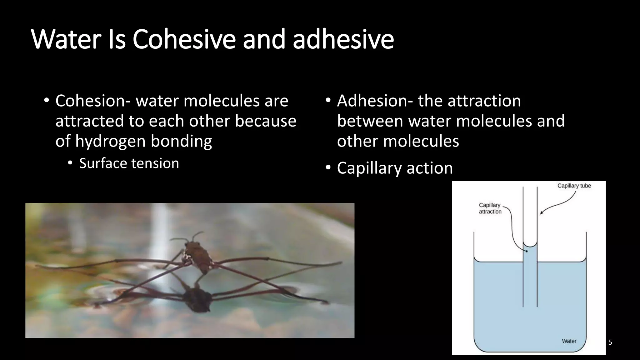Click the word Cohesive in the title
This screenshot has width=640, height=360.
184,39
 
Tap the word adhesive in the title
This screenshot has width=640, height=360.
343,39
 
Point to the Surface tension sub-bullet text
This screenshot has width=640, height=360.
129,163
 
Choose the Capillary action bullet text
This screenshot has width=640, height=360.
395,168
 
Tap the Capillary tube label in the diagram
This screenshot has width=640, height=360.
574,186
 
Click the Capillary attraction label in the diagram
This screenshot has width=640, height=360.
490,208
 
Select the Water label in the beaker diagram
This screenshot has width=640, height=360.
569,341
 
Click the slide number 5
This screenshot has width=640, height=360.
610,342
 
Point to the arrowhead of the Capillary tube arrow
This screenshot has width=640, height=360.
541,213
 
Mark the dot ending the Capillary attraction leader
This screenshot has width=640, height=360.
527,251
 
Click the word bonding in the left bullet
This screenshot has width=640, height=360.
181,141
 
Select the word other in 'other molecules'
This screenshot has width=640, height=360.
357,141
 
